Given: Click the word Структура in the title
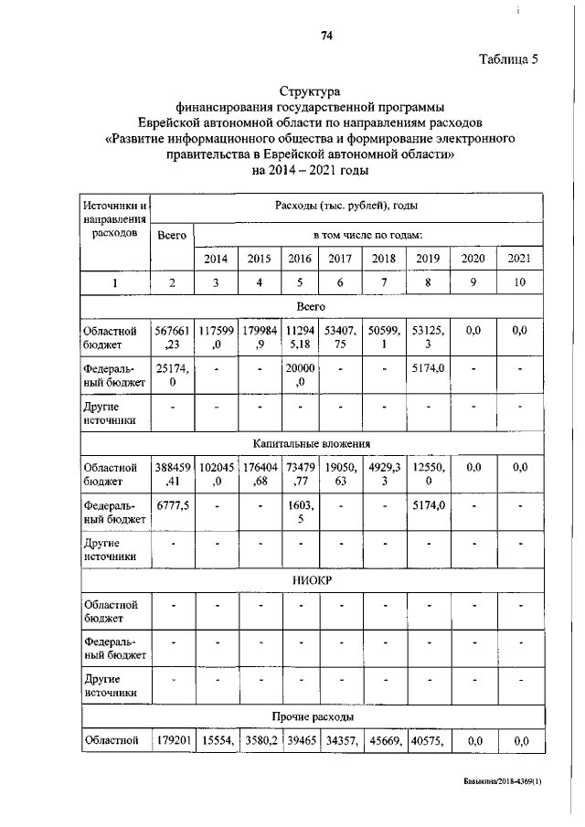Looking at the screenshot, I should click(309, 91).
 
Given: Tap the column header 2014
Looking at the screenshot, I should click(216, 258).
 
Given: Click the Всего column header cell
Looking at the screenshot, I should click(172, 235).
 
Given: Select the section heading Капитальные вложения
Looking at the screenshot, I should click(312, 443).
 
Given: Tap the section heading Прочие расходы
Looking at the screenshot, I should click(312, 716).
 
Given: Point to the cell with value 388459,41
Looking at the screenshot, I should click(172, 474).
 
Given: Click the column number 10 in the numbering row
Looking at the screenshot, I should click(519, 282).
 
